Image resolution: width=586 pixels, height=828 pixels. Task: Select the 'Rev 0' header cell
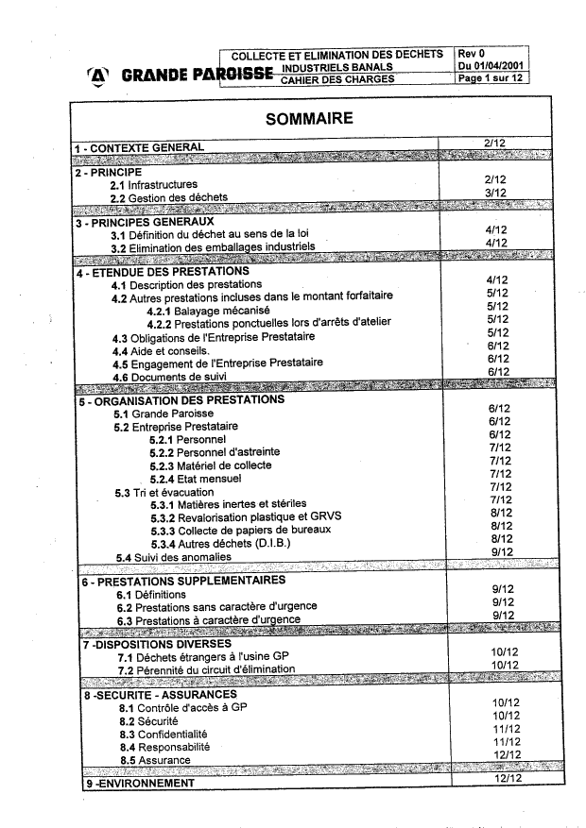[470, 54]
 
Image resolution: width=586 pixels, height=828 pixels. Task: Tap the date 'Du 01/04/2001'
[491, 66]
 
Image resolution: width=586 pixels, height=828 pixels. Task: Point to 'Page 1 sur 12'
[491, 78]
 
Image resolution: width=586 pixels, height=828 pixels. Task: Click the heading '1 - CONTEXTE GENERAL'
[139, 148]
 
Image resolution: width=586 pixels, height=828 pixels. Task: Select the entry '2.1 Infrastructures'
[153, 185]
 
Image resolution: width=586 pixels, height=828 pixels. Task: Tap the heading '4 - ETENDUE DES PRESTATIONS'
[162, 272]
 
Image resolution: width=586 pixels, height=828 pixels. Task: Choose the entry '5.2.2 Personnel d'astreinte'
[215, 452]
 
